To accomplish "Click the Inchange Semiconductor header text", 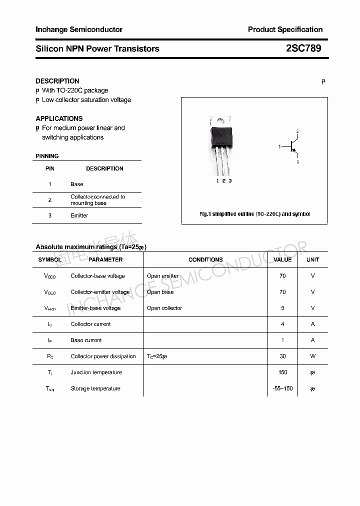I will click(x=79, y=29).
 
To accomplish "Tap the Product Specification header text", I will click(x=285, y=29).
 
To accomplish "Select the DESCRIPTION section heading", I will click(x=57, y=81).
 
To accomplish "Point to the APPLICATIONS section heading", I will click(x=59, y=118).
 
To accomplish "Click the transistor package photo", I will click(x=221, y=145).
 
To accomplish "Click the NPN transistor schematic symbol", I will click(x=292, y=146).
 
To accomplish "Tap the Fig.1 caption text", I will click(x=254, y=214).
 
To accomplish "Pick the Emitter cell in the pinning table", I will click(x=79, y=215).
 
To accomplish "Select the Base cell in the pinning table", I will click(x=76, y=184).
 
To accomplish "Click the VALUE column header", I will click(x=282, y=259).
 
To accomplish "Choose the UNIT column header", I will click(x=313, y=259).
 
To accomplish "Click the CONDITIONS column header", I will click(x=205, y=259).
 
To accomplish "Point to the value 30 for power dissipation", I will click(x=282, y=356).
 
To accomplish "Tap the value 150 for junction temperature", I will click(x=282, y=372).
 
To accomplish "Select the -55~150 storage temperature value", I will click(x=282, y=388).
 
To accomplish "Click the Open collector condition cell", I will click(x=164, y=308).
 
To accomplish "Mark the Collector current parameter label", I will click(x=90, y=324).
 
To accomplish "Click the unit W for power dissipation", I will click(x=313, y=356).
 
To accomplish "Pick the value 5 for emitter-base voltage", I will click(x=282, y=308).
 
